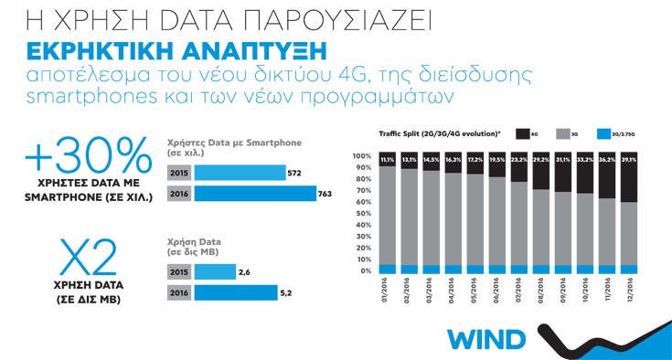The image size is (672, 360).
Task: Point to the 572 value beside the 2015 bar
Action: pos(294,173)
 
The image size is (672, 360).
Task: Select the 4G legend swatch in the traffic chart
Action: pos(521,134)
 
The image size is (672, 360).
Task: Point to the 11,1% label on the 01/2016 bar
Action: pos(362,160)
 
